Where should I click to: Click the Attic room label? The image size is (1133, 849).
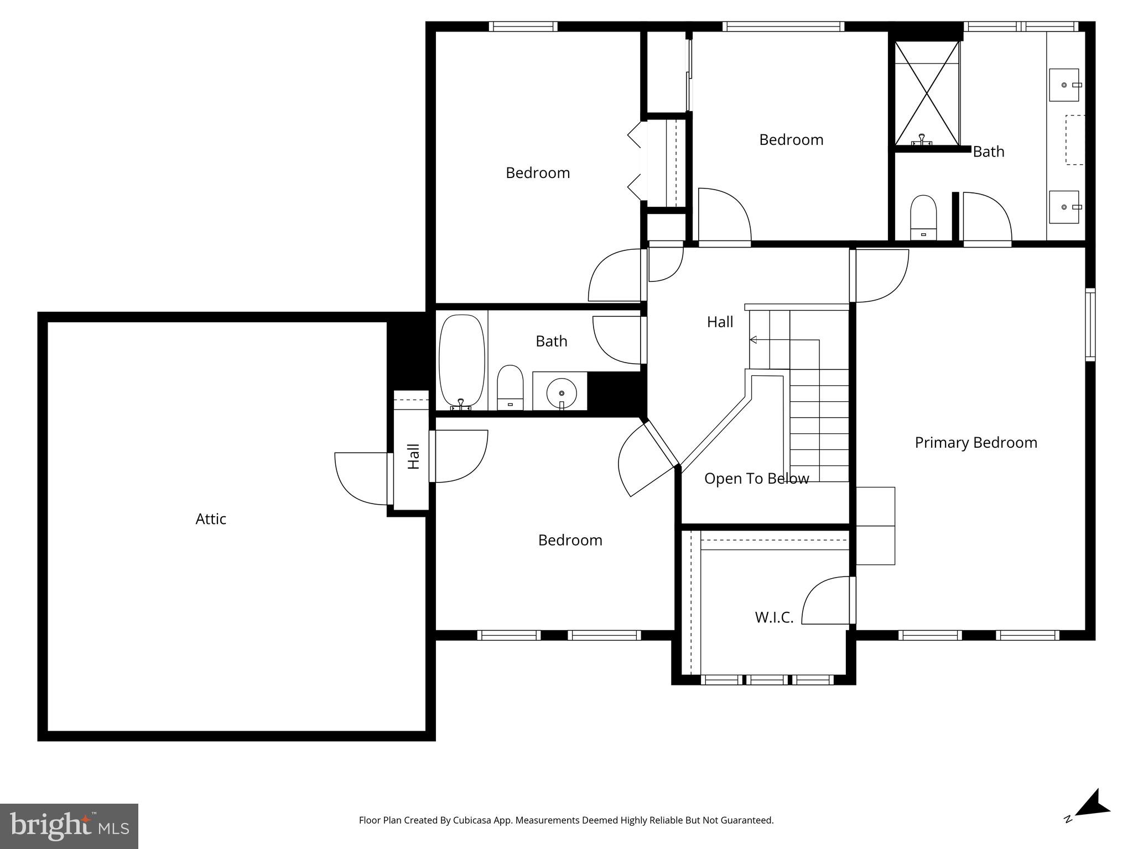click(211, 519)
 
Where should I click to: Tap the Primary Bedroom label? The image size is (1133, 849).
click(975, 443)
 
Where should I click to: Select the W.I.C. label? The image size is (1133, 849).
click(774, 617)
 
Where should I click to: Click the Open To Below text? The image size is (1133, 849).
click(756, 479)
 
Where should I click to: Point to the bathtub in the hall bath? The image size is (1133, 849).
click(461, 361)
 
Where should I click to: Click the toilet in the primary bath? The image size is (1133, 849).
click(923, 217)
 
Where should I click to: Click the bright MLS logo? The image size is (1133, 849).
click(69, 826)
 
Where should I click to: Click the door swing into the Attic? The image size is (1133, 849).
click(360, 479)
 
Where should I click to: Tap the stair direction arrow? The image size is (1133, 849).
click(753, 339)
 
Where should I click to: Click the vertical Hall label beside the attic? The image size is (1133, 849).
click(413, 457)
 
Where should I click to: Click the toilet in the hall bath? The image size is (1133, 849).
click(510, 387)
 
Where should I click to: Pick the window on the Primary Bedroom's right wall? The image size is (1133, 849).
click(1090, 325)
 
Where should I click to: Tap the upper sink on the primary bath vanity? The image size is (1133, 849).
click(1064, 85)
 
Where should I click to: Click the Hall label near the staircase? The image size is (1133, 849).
click(720, 322)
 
